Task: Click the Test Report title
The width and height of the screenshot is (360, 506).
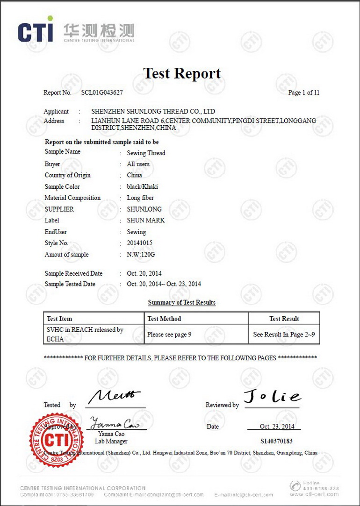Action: [x=181, y=73]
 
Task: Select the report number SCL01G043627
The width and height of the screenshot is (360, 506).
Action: [x=102, y=93]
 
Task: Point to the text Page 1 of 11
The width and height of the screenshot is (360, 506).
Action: [x=304, y=93]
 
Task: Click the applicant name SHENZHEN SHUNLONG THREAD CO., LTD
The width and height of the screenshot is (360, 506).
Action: [x=153, y=112]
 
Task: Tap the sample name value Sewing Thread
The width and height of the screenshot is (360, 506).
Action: [x=146, y=153]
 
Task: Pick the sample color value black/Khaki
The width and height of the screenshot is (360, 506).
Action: [x=142, y=186]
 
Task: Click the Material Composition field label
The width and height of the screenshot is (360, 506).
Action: [x=72, y=198]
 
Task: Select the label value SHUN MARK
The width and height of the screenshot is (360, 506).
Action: [x=146, y=220]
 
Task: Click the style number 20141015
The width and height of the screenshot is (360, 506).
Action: [x=139, y=243]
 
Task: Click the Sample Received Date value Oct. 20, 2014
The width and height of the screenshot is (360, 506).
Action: [x=144, y=273]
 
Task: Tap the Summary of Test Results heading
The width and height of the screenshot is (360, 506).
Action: [x=181, y=303]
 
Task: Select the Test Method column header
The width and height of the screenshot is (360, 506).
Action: [x=164, y=319]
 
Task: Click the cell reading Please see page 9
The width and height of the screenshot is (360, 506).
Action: [x=169, y=335]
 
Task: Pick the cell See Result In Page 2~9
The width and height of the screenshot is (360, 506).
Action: [x=284, y=335]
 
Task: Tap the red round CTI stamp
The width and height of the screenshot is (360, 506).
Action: [x=56, y=439]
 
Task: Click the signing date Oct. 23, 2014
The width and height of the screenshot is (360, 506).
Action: [x=277, y=427]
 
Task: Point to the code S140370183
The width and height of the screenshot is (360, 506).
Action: [x=276, y=441]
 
